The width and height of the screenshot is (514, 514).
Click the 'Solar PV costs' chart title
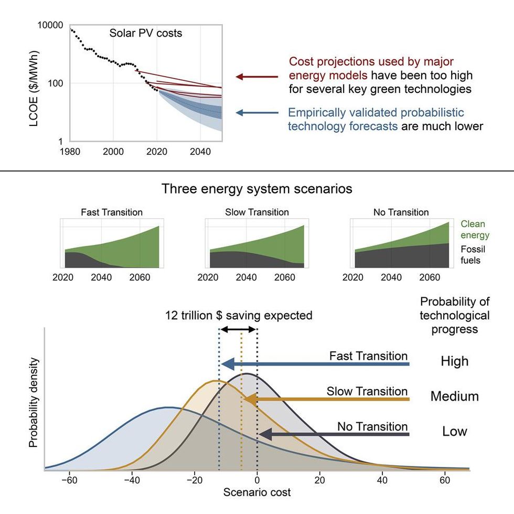pyautogui.click(x=145, y=33)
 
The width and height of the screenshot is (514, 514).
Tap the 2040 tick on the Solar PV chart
pyautogui.click(x=200, y=152)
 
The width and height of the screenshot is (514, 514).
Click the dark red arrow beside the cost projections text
pyautogui.click(x=256, y=77)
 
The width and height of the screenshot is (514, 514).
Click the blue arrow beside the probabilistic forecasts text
pyautogui.click(x=256, y=112)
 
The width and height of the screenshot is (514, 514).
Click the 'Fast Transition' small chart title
pyautogui.click(x=111, y=212)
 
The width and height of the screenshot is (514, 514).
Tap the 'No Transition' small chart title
pyautogui.click(x=401, y=212)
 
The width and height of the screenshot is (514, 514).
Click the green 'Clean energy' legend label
pyautogui.click(x=475, y=230)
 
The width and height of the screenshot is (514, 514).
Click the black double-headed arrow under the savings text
pyautogui.click(x=238, y=329)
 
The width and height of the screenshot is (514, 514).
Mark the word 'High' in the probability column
pyautogui.click(x=454, y=361)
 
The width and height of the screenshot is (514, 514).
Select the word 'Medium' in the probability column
pyautogui.click(x=454, y=397)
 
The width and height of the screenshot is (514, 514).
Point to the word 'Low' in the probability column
pyautogui.click(x=454, y=432)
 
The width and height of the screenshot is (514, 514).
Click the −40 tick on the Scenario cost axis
pyautogui.click(x=132, y=480)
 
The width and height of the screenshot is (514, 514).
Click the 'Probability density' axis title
pyautogui.click(x=34, y=402)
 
